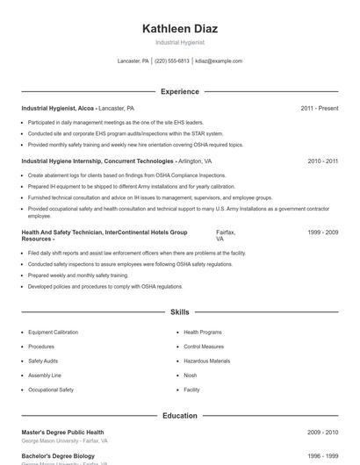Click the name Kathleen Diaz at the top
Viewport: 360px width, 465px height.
point(179,28)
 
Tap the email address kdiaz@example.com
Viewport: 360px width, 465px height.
point(219,61)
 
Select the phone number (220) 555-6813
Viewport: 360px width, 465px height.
point(171,61)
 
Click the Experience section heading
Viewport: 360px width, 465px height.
point(179,91)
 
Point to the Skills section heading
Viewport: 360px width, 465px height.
point(179,312)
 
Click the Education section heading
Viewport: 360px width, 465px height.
point(179,416)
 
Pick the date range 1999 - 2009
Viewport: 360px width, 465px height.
point(322,232)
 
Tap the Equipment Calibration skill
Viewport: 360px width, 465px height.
point(53,333)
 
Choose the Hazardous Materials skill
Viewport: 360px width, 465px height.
point(206,361)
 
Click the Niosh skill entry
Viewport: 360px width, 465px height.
point(190,375)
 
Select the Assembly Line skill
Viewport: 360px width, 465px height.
point(44,375)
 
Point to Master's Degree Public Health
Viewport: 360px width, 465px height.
point(62,433)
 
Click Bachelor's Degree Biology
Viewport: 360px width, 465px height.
point(59,456)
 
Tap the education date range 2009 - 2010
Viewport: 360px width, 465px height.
point(322,433)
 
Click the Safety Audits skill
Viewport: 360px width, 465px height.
point(43,361)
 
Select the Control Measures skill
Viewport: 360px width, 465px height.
point(204,347)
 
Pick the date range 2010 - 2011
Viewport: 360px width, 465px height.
point(322,161)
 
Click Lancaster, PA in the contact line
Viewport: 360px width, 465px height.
point(133,61)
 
